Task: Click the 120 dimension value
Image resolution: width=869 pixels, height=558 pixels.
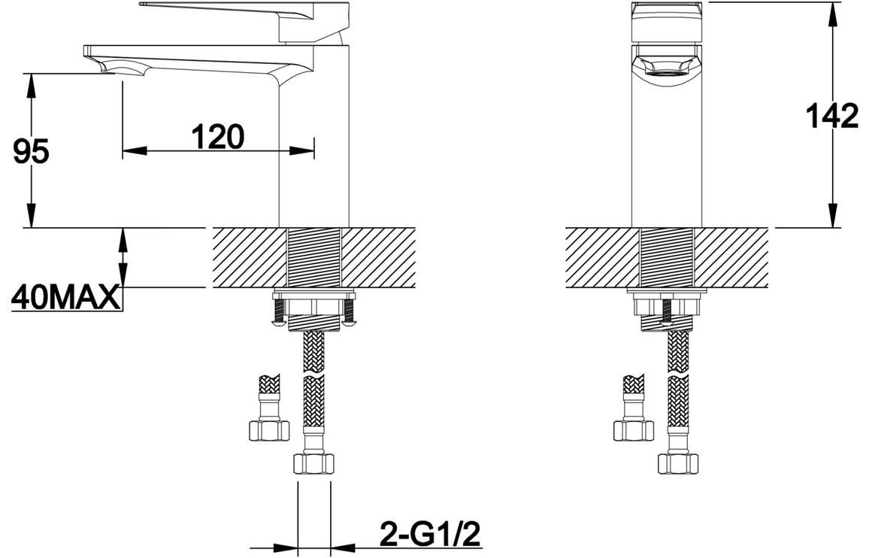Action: [x=218, y=136]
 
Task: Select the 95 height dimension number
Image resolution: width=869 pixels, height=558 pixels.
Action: [x=31, y=151]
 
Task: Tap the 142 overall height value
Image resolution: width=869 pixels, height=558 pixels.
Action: [x=831, y=117]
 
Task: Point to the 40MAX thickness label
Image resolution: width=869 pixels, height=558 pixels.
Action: [x=65, y=299]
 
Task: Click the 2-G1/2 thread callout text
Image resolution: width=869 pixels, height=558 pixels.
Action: [x=429, y=534]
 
